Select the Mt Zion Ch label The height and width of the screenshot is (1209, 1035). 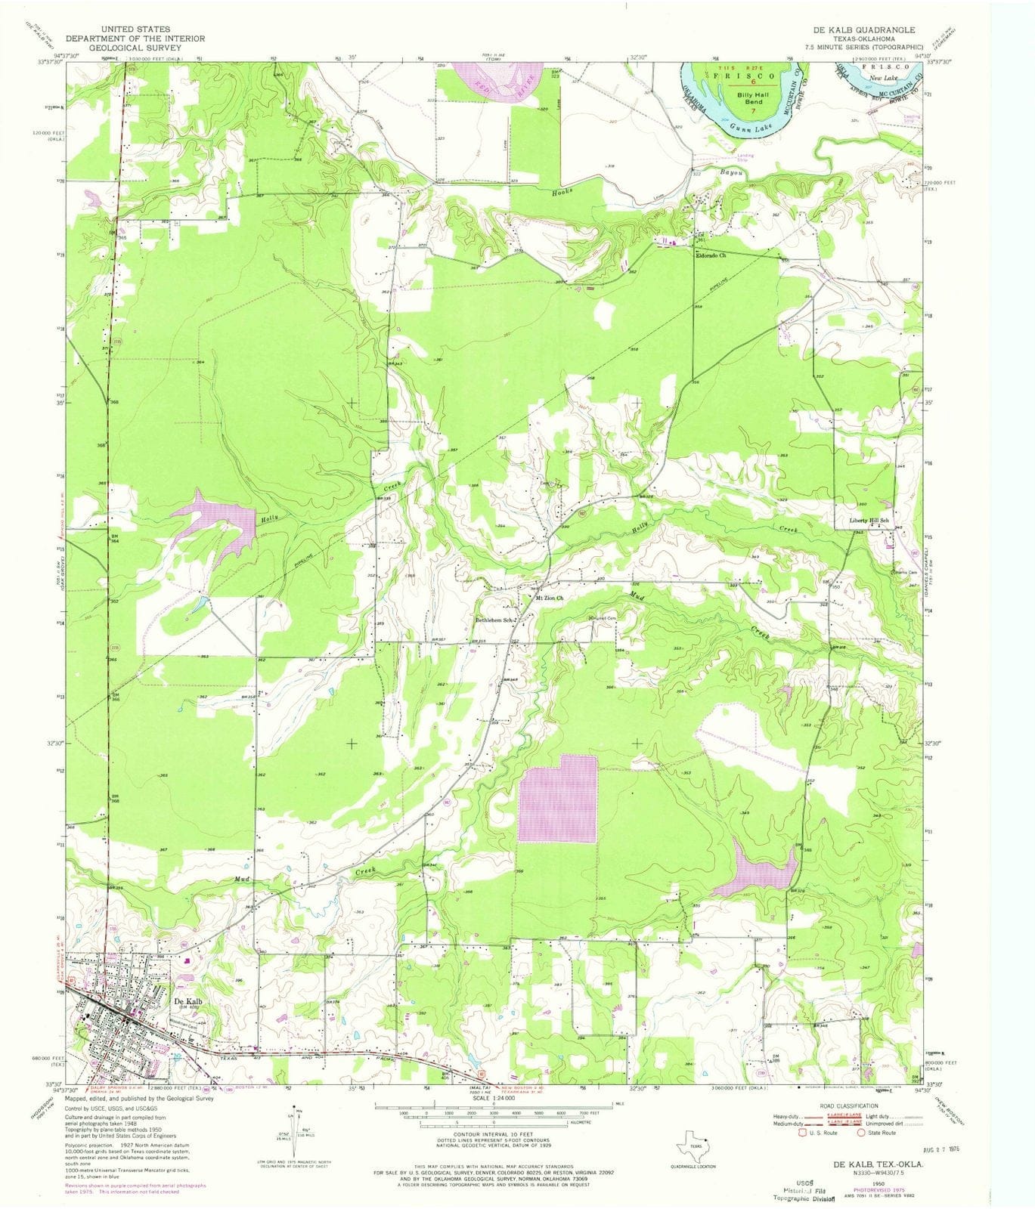tap(550, 598)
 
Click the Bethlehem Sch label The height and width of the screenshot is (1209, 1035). tap(494, 621)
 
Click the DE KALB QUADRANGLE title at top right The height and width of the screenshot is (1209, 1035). tap(863, 29)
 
